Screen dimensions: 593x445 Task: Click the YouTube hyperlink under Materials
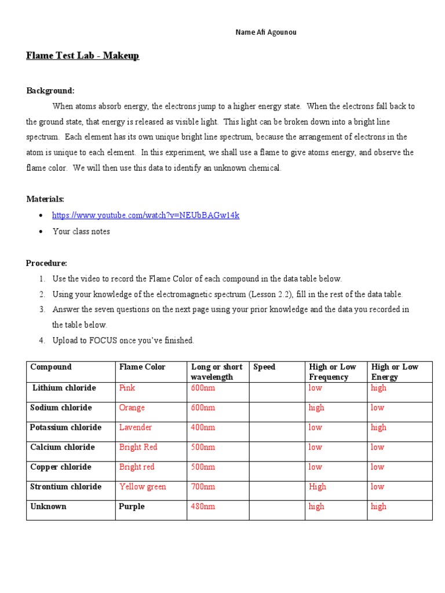[x=145, y=215]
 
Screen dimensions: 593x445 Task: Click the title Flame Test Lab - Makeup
[x=83, y=56]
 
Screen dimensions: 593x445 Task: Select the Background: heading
[x=50, y=91]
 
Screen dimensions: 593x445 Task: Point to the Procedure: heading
[x=46, y=263]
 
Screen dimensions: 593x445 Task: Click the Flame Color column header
[x=142, y=367]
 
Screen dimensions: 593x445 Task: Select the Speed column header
[x=265, y=367]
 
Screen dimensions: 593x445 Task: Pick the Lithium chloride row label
[x=64, y=388]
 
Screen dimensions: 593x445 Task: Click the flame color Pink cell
[x=127, y=388]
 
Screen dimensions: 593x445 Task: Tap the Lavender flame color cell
[x=136, y=427]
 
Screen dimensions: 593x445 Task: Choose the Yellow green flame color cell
[x=143, y=486]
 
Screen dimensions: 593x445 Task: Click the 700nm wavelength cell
[x=203, y=486]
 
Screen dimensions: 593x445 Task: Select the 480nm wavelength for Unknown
[x=203, y=506]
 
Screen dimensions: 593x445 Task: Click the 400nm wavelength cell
[x=203, y=427]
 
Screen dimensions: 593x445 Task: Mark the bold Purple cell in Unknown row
[x=132, y=506]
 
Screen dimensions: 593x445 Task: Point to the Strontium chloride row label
[x=65, y=486]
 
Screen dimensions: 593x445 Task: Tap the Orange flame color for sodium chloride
[x=132, y=408]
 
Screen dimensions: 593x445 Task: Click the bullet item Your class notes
[x=81, y=232]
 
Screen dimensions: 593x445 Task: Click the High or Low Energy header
[x=394, y=372]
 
